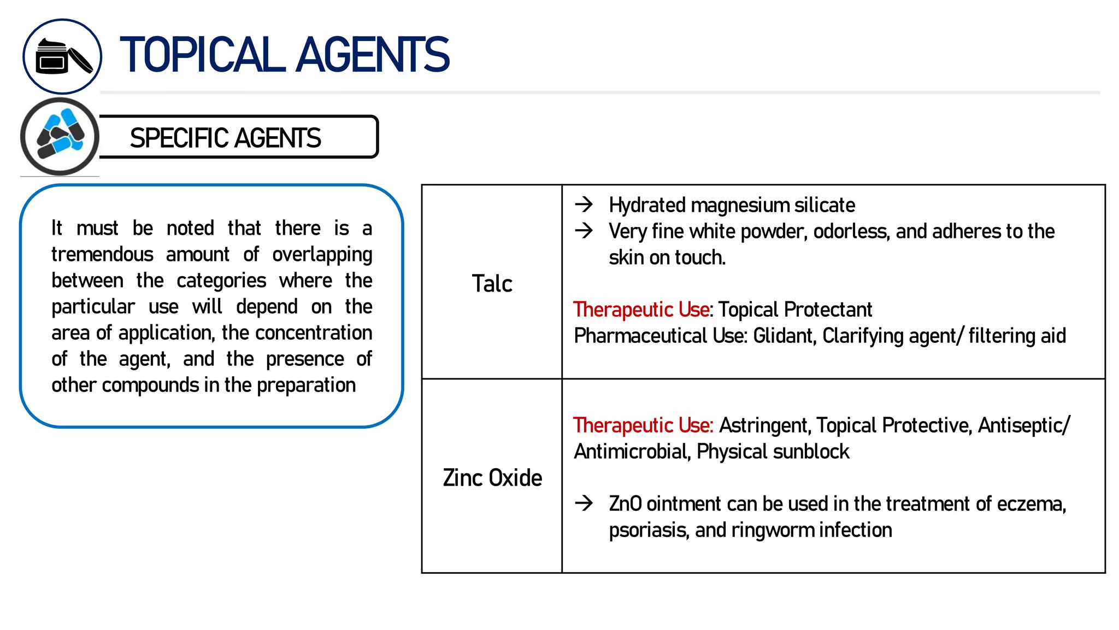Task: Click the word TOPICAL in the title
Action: pos(202,55)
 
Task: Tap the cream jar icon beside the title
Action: pos(62,57)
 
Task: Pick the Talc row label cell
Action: pos(492,283)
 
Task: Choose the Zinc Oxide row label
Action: pos(492,477)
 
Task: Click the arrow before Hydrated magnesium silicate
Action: pos(584,205)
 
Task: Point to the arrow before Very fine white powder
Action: pos(584,230)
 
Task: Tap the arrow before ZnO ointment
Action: pos(584,503)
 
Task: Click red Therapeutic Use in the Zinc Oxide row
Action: pos(643,425)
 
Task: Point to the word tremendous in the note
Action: pos(102,254)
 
